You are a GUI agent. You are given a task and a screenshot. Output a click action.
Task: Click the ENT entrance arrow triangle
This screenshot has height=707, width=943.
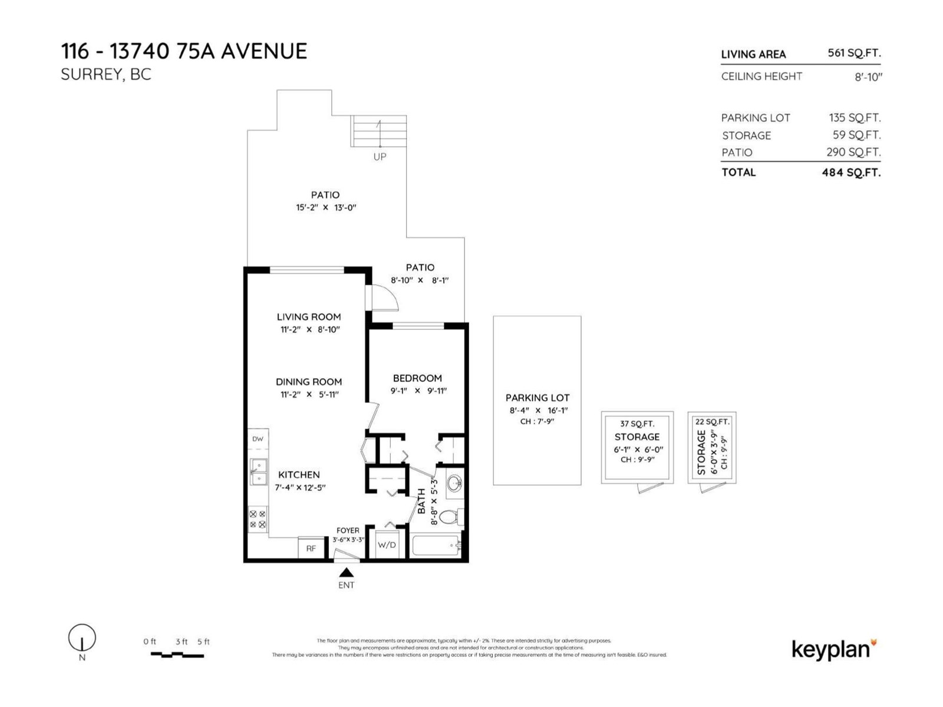point(346,573)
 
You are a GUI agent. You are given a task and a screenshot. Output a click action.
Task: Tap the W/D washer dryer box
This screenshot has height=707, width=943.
point(387,545)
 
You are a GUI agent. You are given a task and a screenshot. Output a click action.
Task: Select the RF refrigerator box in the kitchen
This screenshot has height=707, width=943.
point(311,548)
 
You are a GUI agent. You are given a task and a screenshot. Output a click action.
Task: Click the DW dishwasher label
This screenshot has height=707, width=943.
point(258,439)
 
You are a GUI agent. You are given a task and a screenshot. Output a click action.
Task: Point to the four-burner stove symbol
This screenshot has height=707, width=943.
point(258,519)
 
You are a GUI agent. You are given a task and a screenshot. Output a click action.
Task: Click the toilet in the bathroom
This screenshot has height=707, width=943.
point(450,517)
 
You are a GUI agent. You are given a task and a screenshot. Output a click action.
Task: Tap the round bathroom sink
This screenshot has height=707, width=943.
point(454,484)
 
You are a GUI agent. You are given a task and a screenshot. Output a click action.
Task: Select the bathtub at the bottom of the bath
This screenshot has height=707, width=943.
point(436,546)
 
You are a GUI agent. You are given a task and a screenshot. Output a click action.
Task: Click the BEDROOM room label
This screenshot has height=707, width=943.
point(417,378)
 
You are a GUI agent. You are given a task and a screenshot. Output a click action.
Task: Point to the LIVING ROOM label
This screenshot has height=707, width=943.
point(309,317)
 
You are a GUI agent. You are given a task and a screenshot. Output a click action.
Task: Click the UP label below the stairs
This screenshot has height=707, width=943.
point(380,157)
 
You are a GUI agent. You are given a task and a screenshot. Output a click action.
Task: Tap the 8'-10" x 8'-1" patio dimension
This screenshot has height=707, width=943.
point(420,280)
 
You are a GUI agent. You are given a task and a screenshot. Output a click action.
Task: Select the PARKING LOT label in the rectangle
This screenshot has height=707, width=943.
point(538,398)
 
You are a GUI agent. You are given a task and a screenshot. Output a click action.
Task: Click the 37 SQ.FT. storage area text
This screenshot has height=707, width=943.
point(637,424)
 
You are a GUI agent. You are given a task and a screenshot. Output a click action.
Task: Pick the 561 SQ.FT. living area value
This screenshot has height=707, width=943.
point(854,53)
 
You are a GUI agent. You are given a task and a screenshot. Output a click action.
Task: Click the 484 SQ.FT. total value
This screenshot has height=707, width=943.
point(851,173)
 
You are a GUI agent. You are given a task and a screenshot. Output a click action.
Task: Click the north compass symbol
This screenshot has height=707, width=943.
point(82,638)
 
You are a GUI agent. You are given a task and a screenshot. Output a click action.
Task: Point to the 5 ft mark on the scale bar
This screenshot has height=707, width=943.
point(203,642)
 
